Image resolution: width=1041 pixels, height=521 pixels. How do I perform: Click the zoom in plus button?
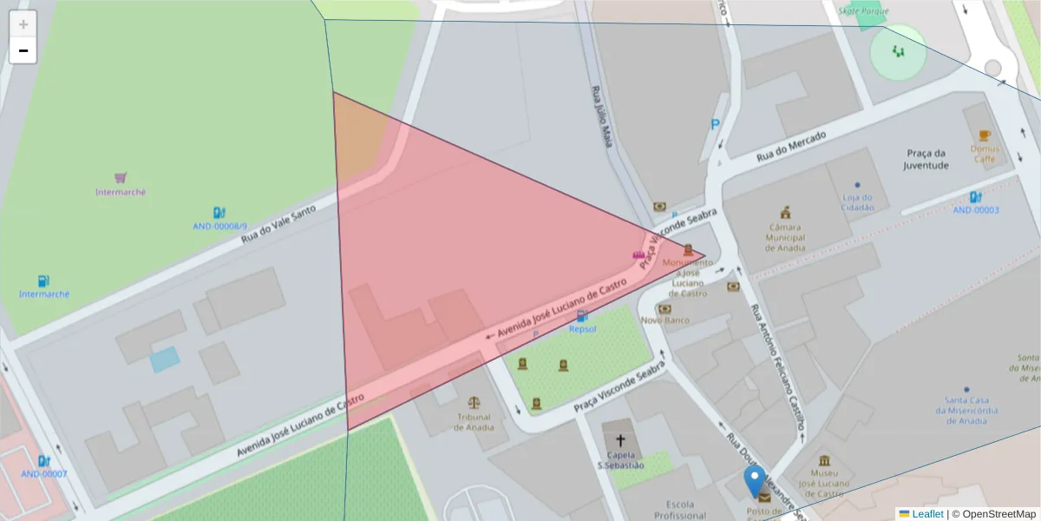pos(23,24)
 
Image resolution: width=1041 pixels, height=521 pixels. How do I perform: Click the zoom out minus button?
pos(23,50)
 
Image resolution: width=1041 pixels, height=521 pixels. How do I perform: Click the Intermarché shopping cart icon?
pos(121,177)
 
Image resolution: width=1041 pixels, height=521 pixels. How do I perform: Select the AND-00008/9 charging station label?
pos(219,226)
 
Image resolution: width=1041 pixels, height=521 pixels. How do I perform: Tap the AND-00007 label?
pos(43,474)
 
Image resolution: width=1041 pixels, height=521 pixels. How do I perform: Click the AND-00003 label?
pos(976,210)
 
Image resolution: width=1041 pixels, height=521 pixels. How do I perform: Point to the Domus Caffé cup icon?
pos(984,135)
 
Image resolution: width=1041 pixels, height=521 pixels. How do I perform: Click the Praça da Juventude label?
pos(926,159)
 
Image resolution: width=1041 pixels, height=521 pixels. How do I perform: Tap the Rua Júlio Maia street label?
pos(602,116)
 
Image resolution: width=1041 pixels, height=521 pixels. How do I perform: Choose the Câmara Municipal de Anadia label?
pos(785,237)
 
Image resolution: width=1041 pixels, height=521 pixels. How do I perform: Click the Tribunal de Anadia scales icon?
pos(474,403)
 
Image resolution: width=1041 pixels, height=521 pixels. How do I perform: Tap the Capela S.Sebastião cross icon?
pos(620,440)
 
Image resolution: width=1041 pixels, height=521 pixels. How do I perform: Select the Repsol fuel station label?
pos(582,329)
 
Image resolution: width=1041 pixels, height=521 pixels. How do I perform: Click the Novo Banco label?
pos(665,320)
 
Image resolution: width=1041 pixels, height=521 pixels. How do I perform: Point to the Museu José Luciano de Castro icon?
pos(823,460)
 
